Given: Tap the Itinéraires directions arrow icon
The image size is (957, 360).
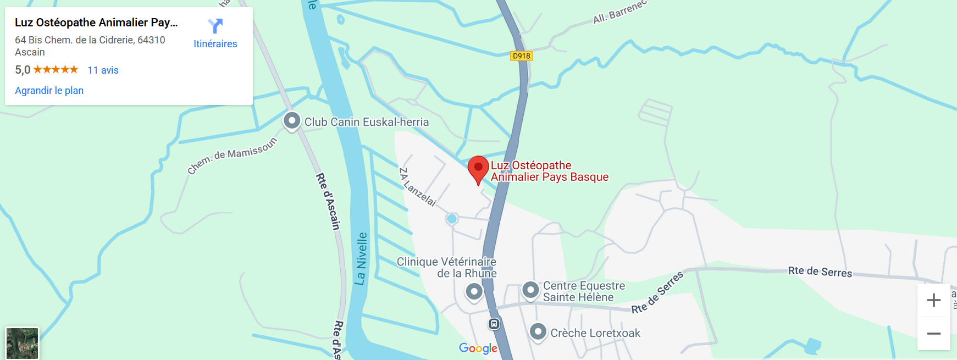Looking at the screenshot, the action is (215, 26).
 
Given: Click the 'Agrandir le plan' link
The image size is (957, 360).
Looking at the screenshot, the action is (49, 91).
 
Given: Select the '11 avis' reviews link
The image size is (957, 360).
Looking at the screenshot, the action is (103, 70).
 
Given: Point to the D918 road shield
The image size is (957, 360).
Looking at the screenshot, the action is (521, 56).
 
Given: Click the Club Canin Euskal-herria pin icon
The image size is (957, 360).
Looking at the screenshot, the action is (292, 120).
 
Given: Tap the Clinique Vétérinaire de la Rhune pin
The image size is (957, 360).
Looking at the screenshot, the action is (474, 291).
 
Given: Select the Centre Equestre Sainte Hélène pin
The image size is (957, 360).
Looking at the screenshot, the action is (530, 290).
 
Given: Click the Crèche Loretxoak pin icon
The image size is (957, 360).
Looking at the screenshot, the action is (538, 331).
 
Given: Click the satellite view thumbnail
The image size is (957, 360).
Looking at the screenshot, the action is (22, 343).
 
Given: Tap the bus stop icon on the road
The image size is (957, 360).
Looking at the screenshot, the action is (494, 324).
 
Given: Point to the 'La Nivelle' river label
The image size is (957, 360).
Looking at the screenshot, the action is (361, 258).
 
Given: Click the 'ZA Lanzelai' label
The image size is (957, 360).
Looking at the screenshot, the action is (417, 187).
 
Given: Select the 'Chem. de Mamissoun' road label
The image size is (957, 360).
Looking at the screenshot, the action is (232, 156).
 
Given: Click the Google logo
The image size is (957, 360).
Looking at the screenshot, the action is (478, 348).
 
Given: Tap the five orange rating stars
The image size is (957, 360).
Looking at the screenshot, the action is (56, 70).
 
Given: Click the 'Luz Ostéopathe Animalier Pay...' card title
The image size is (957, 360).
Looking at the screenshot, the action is (96, 23).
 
